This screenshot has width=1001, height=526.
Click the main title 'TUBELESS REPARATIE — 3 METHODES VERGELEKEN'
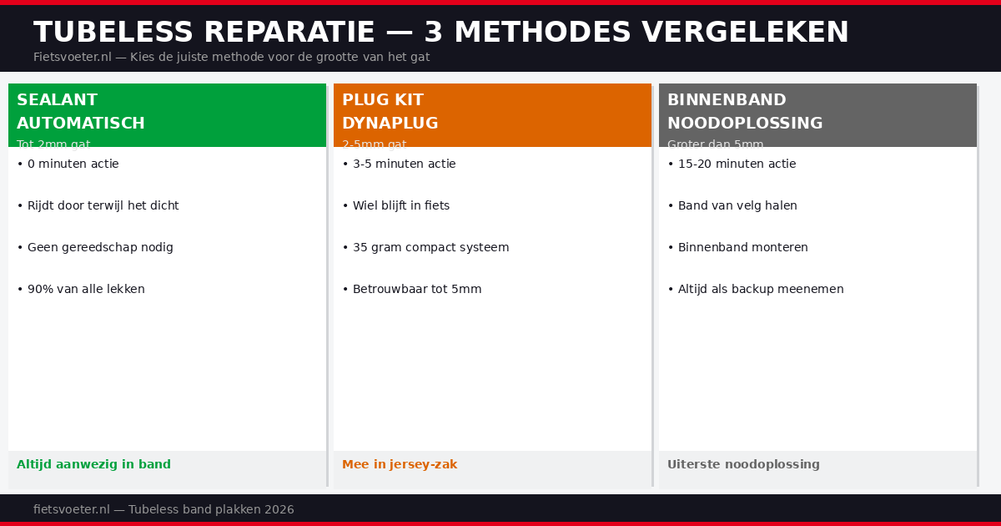coord(440,33)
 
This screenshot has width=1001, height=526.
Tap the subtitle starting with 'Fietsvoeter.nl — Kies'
coord(231,58)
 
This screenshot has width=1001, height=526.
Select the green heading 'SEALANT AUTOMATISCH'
coord(81,112)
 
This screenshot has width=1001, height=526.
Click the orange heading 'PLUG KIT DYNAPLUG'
coord(390,112)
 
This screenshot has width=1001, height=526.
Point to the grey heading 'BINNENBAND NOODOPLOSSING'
coord(745,112)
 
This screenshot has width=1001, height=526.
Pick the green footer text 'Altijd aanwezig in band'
coord(93,465)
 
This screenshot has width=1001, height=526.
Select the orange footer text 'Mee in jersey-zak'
coord(400,465)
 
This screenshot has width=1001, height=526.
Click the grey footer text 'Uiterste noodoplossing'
coord(743,465)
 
